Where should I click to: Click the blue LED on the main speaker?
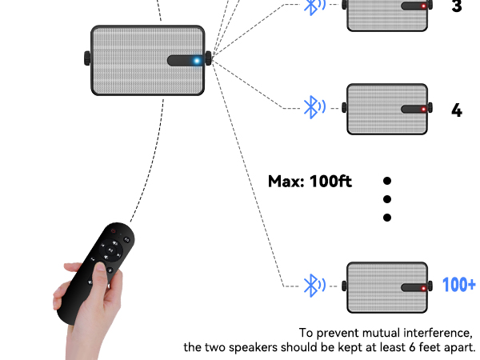(196, 60)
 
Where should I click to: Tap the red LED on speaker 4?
(424, 109)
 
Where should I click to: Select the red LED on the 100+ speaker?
(424, 287)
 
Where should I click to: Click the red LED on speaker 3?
(424, 6)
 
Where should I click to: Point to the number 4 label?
(457, 110)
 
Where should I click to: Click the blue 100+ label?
(459, 285)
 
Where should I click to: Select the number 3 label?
(457, 6)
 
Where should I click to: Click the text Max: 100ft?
(310, 181)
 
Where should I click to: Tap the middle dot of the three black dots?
(387, 199)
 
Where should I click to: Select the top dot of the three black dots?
(387, 181)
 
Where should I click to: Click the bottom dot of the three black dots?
(387, 218)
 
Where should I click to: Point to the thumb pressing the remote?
(99, 274)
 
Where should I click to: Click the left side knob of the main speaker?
(87, 58)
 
